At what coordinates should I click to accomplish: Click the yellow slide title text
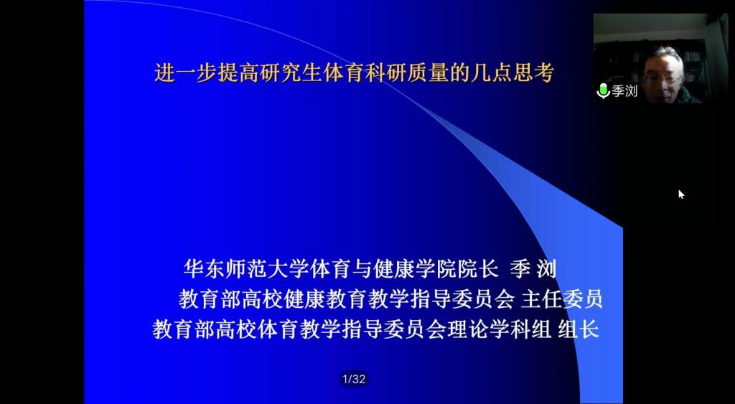click(x=355, y=73)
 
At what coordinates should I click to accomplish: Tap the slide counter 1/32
click(x=354, y=379)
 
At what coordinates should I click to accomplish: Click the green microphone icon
click(x=603, y=91)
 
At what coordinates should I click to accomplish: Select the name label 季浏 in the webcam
click(x=624, y=91)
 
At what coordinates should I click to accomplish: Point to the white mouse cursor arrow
click(x=681, y=194)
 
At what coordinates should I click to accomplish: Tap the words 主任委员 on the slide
click(x=561, y=299)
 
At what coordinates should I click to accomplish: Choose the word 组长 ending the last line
click(x=579, y=329)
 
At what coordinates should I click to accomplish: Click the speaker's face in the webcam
click(x=660, y=79)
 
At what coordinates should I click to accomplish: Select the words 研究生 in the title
click(x=291, y=73)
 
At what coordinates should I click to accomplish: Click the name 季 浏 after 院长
click(x=533, y=270)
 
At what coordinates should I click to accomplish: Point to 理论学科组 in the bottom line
click(x=500, y=329)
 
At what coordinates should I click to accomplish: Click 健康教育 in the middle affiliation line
click(x=325, y=299)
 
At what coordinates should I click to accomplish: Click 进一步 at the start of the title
click(x=186, y=73)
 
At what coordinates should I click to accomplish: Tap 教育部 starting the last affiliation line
click(x=184, y=329)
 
